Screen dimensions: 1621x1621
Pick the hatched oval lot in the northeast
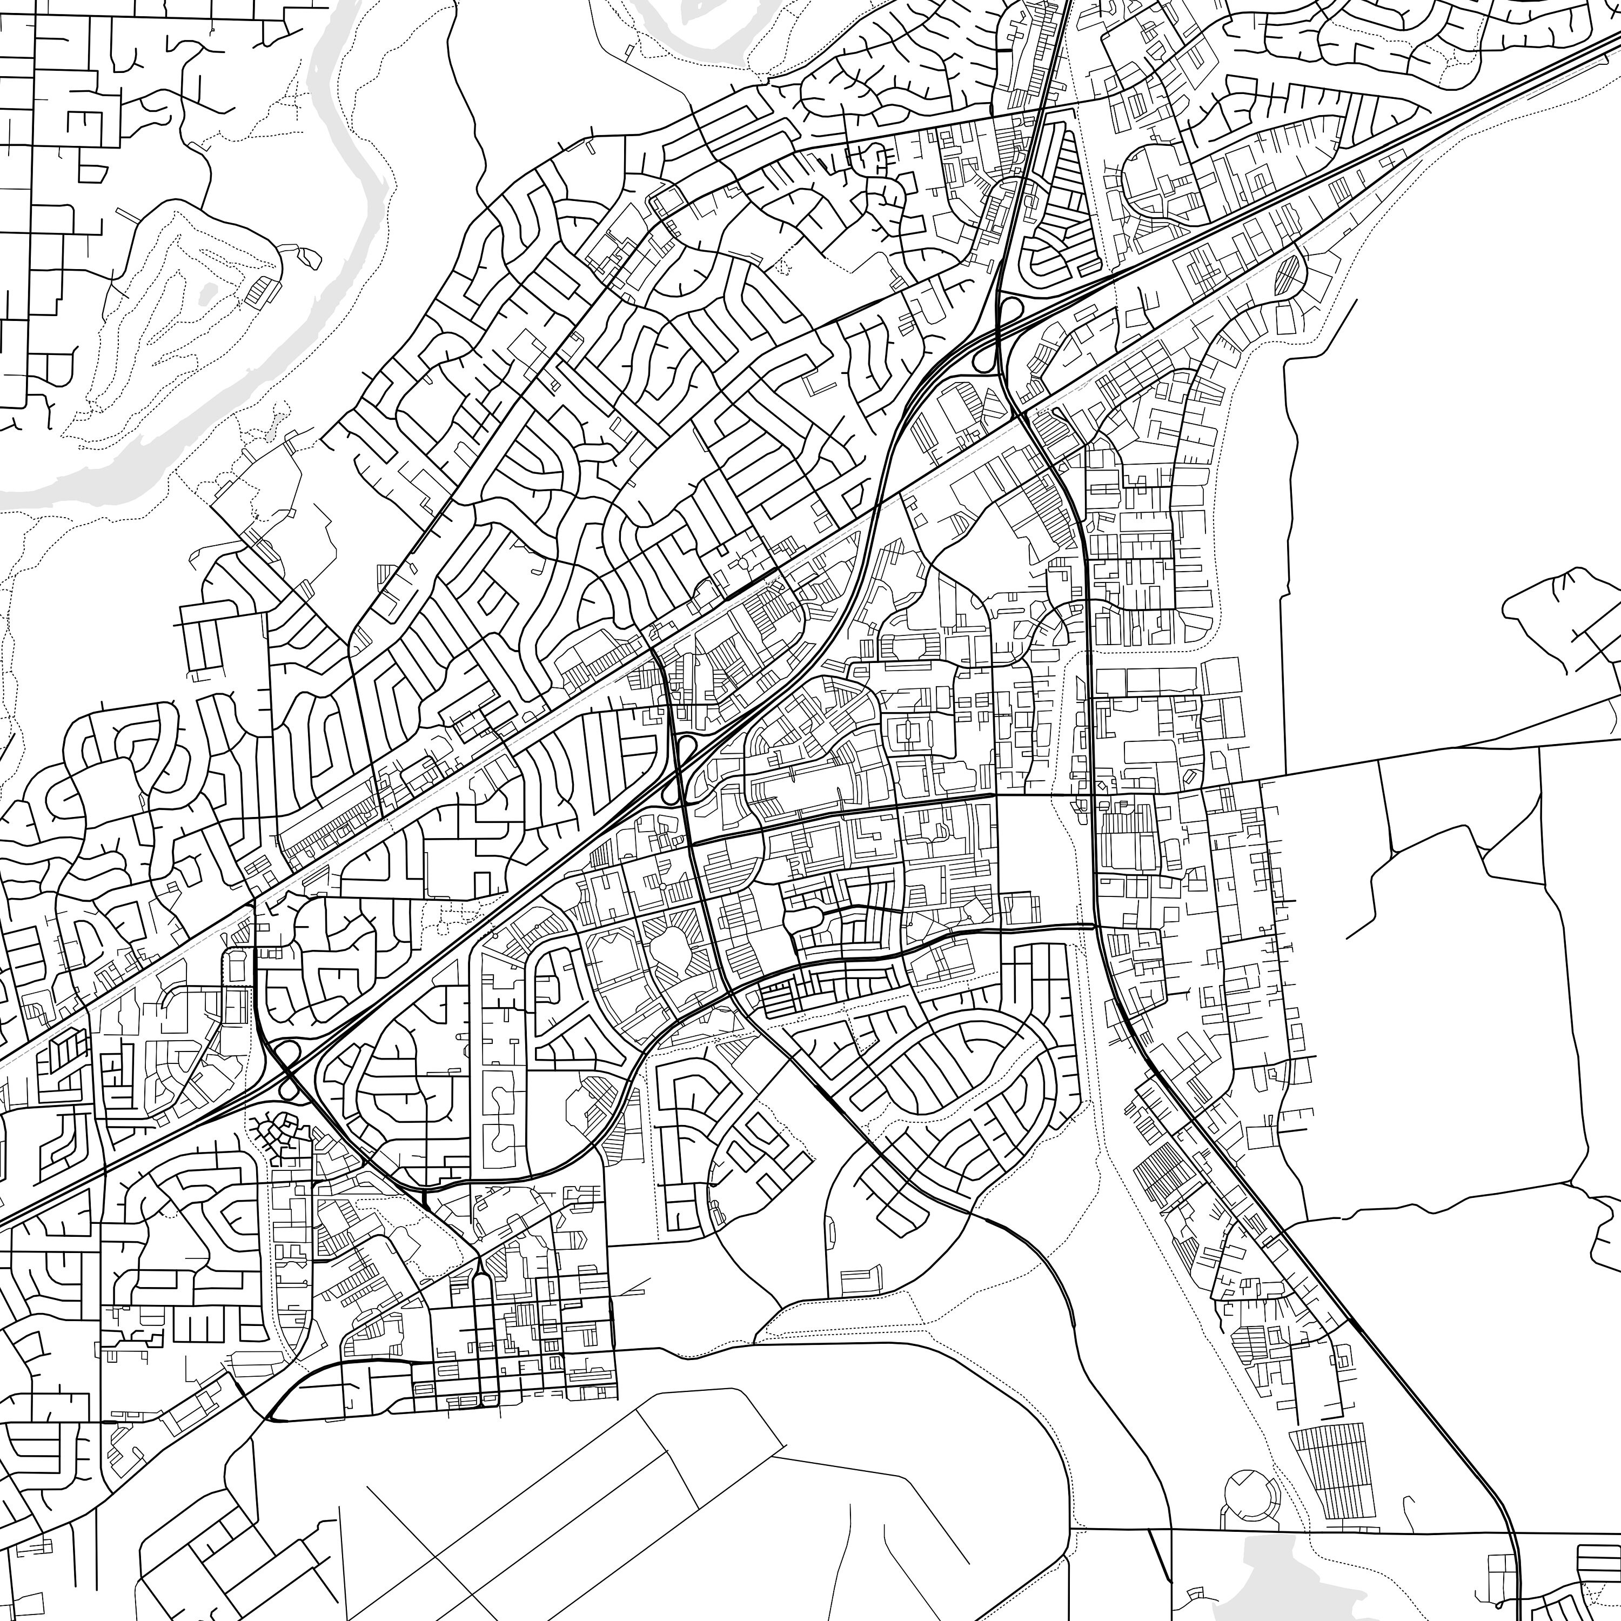pos(1288,275)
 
